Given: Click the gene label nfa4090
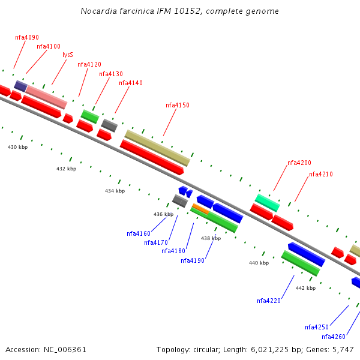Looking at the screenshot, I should coord(27,37).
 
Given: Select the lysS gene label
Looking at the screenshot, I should coord(68,55).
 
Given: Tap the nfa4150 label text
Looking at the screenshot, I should coord(178,106).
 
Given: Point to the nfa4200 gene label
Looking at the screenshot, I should coord(299,163).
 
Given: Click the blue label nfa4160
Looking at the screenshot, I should coord(139,234).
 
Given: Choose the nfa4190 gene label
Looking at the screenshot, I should coord(193,261).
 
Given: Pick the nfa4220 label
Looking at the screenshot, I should coord(269,301).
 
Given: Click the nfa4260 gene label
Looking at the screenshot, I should coord(334,337).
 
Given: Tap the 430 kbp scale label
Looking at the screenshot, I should coord(17,147).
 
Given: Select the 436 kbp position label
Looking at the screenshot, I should coord(163,214).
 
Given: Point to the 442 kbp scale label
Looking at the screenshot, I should coord(305,288).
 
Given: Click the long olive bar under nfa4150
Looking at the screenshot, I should coord(157,148).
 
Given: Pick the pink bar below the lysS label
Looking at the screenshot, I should coord(46,97).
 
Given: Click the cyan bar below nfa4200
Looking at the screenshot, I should coord(267,202).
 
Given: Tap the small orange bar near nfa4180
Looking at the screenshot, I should coord(200,209).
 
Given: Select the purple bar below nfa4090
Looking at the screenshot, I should coord(20,86).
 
